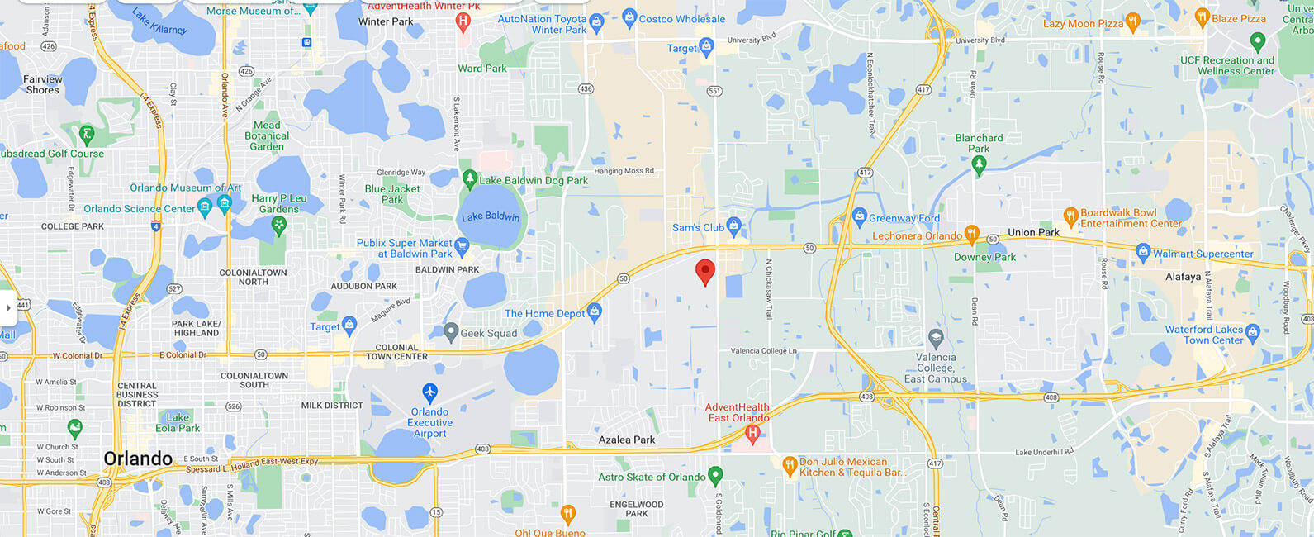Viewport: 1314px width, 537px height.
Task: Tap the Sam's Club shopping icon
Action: coord(733,226)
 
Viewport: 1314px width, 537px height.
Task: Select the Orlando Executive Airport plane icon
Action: coord(429,392)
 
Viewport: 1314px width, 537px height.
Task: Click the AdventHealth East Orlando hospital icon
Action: coord(752,432)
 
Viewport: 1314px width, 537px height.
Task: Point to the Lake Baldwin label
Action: coord(491,216)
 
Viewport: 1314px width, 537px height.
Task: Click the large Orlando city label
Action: coord(138,459)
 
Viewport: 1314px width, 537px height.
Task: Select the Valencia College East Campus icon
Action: coord(935,338)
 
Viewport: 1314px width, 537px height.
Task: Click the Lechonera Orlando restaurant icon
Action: coord(972,234)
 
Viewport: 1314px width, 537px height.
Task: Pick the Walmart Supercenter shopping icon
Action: coord(1143,252)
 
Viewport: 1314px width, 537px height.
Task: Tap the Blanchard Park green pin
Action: coord(979,165)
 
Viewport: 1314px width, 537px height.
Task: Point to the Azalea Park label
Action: coord(627,440)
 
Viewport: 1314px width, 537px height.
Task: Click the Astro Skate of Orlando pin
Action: coord(715,475)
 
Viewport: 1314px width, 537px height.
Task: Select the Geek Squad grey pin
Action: coord(450,332)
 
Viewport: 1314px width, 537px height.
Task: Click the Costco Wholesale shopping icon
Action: coord(629,17)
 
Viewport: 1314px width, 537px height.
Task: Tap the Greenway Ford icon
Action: coord(859,217)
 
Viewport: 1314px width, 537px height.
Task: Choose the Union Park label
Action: coord(1033,232)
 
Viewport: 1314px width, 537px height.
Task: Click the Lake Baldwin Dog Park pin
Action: coord(470,178)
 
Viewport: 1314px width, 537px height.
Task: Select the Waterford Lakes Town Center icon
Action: coord(1252,333)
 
